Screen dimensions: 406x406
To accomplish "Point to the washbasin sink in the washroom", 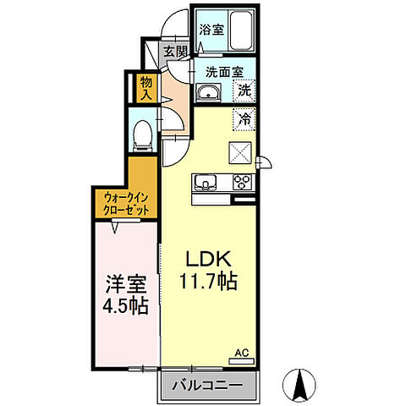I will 207,93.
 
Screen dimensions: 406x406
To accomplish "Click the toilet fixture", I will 145,133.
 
